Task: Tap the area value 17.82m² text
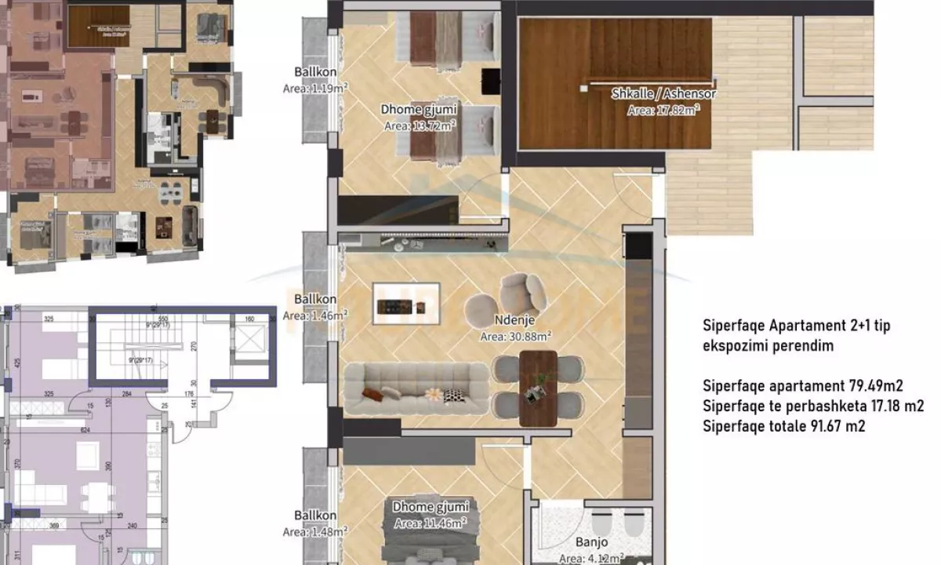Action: click(x=663, y=111)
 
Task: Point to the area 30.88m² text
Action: click(x=516, y=336)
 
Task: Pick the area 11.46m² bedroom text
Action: click(x=430, y=523)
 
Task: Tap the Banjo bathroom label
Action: click(x=591, y=542)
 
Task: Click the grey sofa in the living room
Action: click(x=416, y=388)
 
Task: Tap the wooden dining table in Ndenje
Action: click(x=538, y=388)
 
